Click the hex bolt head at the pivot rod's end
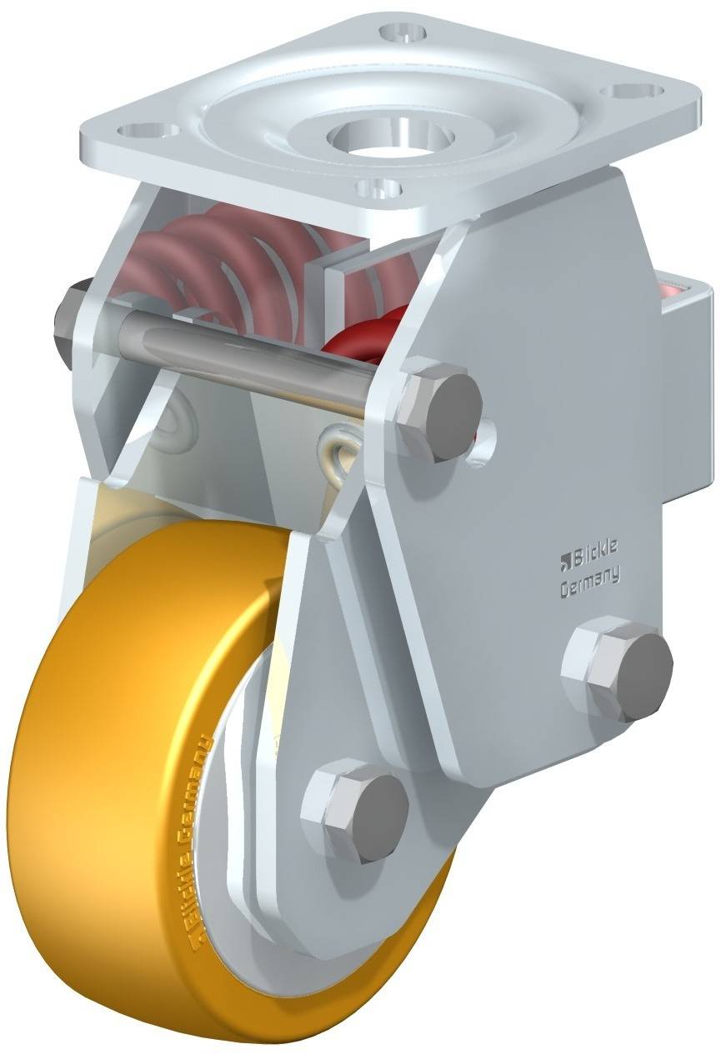pos(439,407)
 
